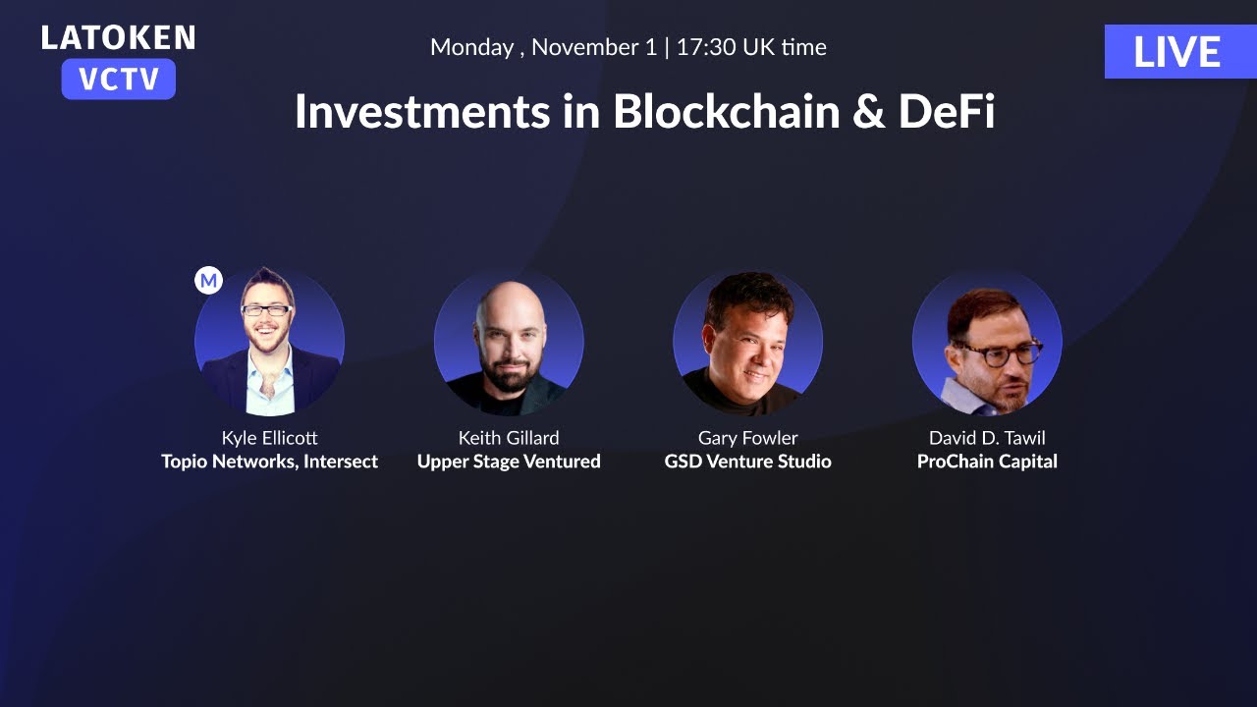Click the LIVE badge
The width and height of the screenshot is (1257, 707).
point(1176,52)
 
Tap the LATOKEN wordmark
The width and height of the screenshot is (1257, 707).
point(118,38)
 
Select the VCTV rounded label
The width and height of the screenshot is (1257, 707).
point(118,80)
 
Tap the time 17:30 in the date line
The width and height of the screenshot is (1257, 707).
point(705,47)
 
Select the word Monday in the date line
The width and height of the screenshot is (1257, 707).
point(471,47)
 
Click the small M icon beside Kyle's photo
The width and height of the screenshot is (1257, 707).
point(208,281)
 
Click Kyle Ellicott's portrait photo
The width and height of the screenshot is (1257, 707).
point(269,341)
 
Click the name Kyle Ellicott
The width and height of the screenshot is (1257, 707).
point(269,438)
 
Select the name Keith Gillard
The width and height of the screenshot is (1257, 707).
point(509,438)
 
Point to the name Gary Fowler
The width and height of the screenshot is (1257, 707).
point(747,438)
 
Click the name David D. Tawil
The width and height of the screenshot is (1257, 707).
point(987,438)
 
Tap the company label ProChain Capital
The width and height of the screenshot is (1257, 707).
point(987,462)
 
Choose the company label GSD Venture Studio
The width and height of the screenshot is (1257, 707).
point(747,462)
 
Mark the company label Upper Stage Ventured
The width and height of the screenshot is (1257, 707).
point(509,462)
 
